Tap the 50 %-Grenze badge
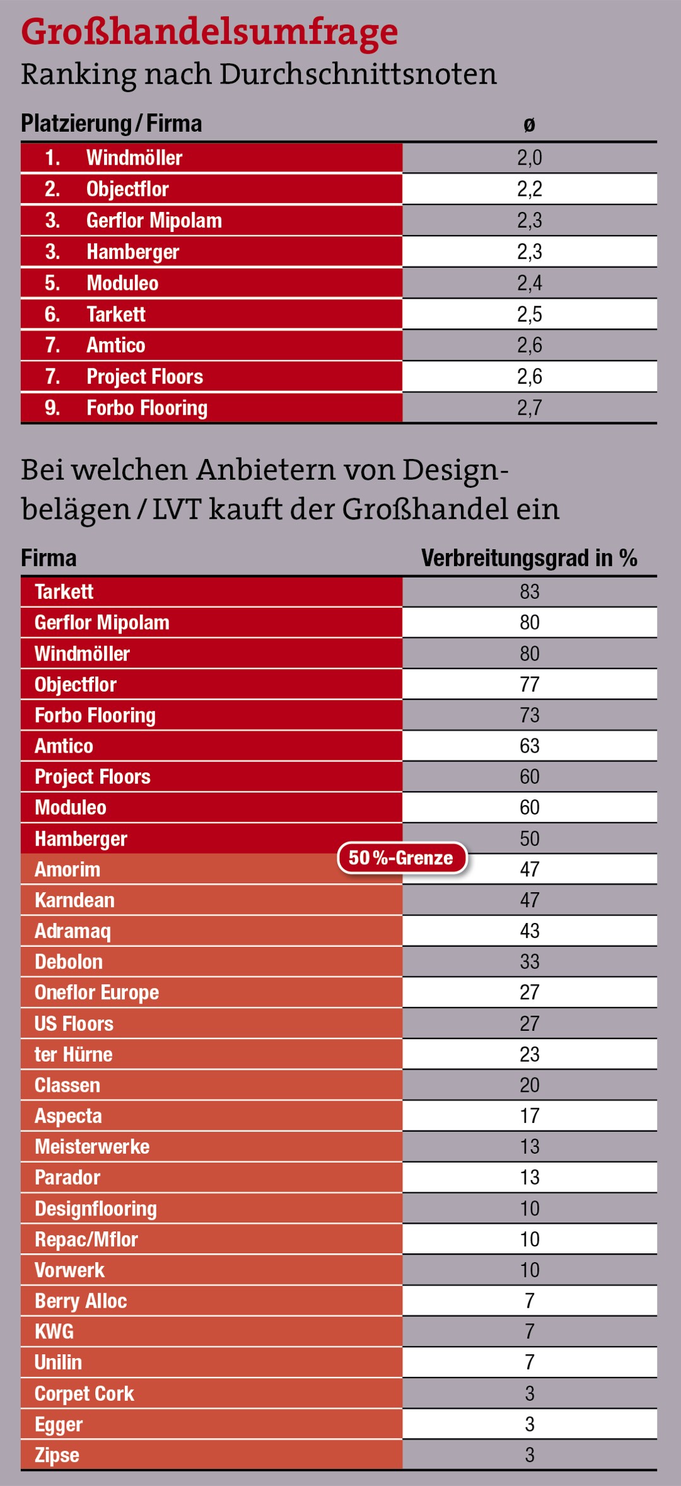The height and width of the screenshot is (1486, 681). [x=402, y=858]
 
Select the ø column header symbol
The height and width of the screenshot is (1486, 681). [x=529, y=125]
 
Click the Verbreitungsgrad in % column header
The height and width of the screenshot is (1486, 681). [x=529, y=558]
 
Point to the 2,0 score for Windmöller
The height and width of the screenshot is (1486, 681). [x=529, y=158]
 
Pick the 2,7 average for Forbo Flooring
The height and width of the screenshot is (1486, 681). [x=529, y=408]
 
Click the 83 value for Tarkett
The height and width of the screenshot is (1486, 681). [x=529, y=591]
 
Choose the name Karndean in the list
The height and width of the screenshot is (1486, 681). [x=74, y=900]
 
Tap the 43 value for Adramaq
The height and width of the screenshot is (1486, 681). [x=529, y=931]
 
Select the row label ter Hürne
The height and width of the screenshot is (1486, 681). [x=73, y=1054]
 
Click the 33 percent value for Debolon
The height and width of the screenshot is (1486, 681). [x=529, y=961]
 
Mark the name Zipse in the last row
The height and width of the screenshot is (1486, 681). [x=57, y=1455]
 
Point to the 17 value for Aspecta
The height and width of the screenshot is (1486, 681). [x=529, y=1116]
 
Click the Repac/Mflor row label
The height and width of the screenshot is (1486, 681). [x=86, y=1239]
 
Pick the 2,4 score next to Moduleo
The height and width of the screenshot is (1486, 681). [x=529, y=283]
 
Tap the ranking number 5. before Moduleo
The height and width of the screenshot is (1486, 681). [x=52, y=283]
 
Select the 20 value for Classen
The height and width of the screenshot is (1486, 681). [x=529, y=1085]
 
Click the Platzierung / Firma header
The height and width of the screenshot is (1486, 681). [x=111, y=124]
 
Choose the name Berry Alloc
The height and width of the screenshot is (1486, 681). [x=81, y=1301]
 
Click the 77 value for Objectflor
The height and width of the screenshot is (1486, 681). [x=529, y=684]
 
